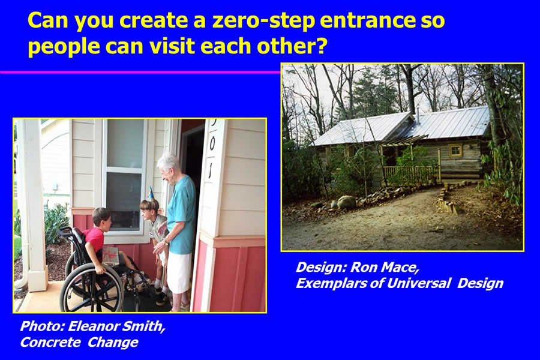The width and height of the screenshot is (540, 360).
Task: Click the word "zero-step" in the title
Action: [264, 20]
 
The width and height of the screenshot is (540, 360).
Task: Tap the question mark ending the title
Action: [320, 46]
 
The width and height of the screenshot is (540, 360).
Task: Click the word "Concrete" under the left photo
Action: [50, 342]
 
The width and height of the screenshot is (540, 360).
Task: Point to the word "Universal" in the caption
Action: [418, 283]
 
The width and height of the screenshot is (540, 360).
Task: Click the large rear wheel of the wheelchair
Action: [91, 288]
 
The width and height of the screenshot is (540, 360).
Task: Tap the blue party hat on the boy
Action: [151, 194]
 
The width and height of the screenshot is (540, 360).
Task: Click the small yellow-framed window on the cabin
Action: [455, 150]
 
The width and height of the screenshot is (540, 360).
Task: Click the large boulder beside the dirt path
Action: [346, 202]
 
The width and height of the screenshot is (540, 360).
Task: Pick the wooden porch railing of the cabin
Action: [412, 174]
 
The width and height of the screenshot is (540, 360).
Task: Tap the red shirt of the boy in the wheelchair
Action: [94, 239]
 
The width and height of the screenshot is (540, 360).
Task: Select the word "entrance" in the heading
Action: [368, 20]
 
